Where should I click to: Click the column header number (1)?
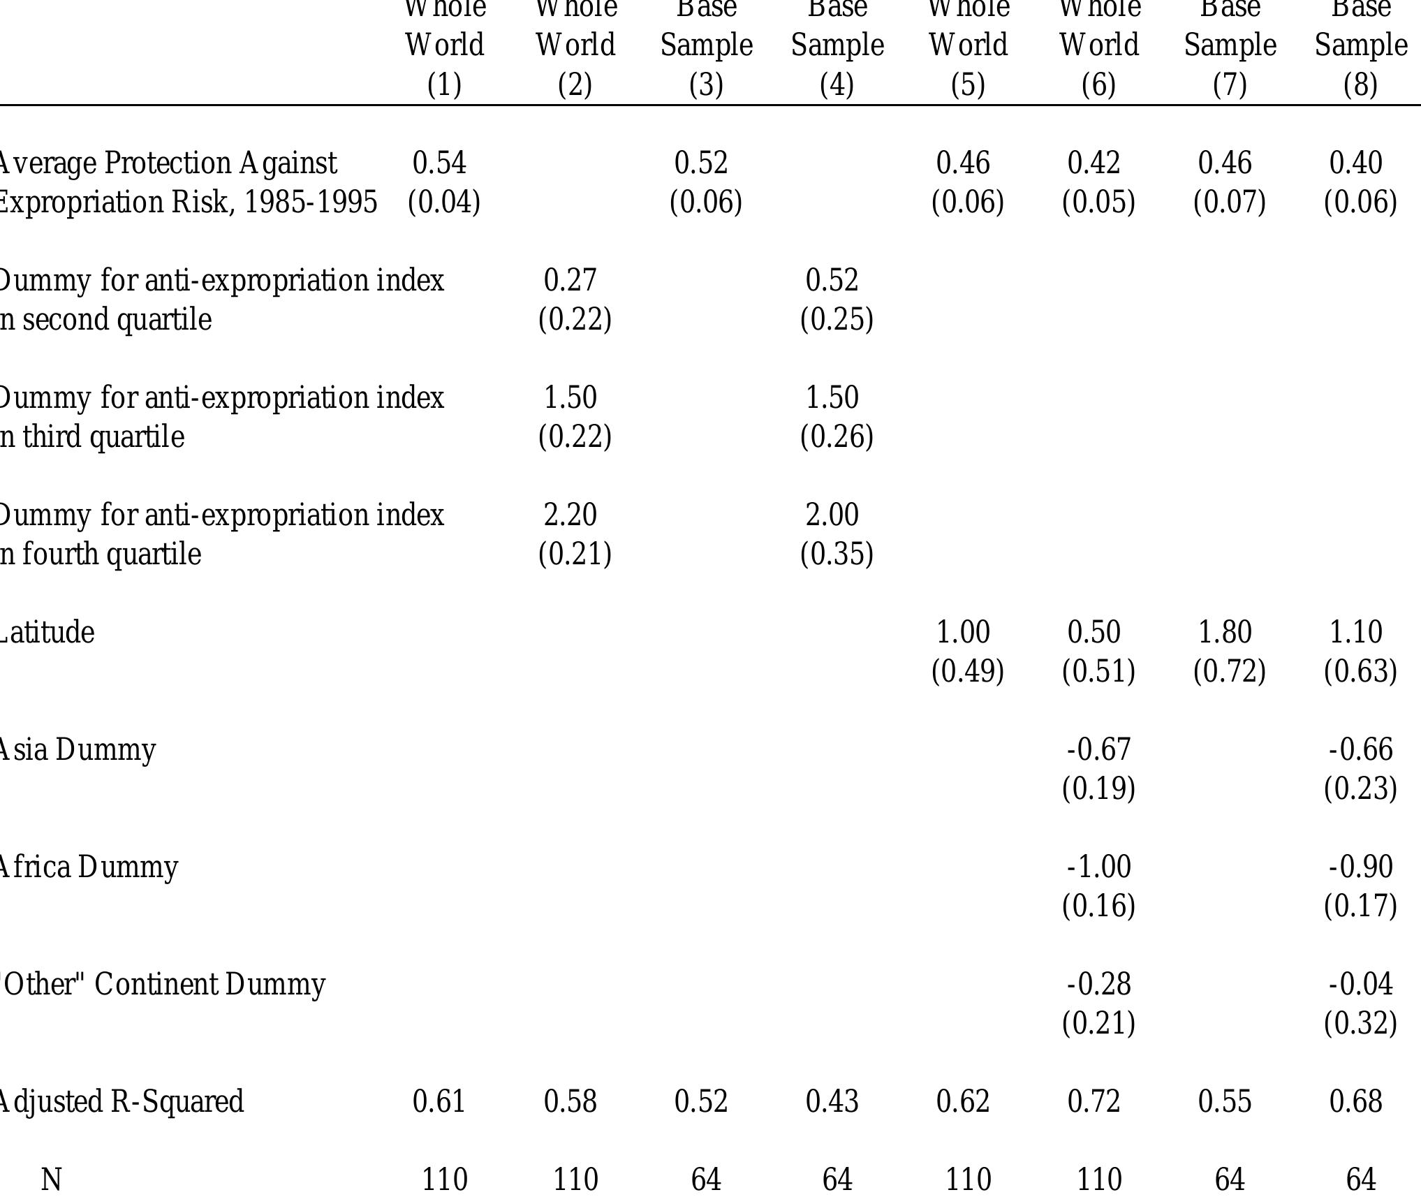pyautogui.click(x=444, y=85)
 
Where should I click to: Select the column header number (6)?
pyautogui.click(x=1098, y=85)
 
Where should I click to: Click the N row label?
pyautogui.click(x=52, y=1180)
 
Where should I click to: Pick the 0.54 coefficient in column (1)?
pyautogui.click(x=439, y=163)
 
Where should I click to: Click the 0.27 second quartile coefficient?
pyautogui.click(x=570, y=281)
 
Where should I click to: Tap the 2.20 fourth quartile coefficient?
pyautogui.click(x=570, y=515)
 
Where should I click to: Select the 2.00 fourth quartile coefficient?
pyautogui.click(x=832, y=515)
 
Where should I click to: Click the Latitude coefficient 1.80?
pyautogui.click(x=1225, y=633)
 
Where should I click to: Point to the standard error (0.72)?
pyautogui.click(x=1229, y=672)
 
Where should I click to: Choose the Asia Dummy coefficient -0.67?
pyautogui.click(x=1098, y=750)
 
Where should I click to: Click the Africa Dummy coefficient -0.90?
pyautogui.click(x=1360, y=867)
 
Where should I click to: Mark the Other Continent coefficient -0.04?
pyautogui.click(x=1360, y=985)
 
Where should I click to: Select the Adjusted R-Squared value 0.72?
pyautogui.click(x=1094, y=1102)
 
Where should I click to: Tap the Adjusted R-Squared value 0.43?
pyautogui.click(x=832, y=1102)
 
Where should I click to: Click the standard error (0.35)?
pyautogui.click(x=837, y=555)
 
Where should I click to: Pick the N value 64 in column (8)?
pyautogui.click(x=1360, y=1180)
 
